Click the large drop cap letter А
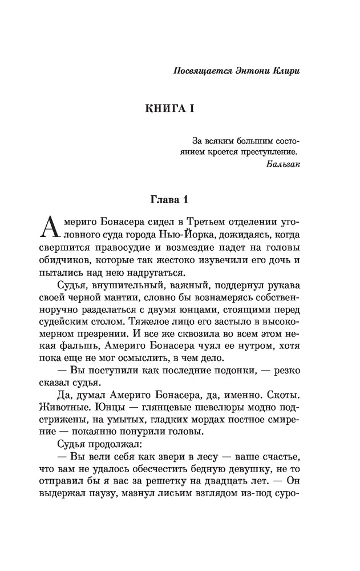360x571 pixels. pyautogui.click(x=47, y=227)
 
